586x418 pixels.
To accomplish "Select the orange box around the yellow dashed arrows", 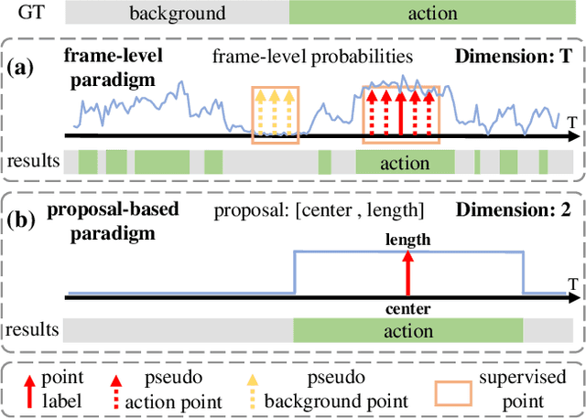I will [x=275, y=114].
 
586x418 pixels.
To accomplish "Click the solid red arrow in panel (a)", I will [x=401, y=114].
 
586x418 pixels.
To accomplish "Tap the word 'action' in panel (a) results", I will [x=405, y=163].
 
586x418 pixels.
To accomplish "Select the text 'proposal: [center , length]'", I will [x=319, y=212].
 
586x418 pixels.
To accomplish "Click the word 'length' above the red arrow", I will [x=408, y=240].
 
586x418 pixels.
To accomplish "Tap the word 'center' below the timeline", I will [x=408, y=308].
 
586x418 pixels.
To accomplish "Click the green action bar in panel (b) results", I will [x=407, y=329].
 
